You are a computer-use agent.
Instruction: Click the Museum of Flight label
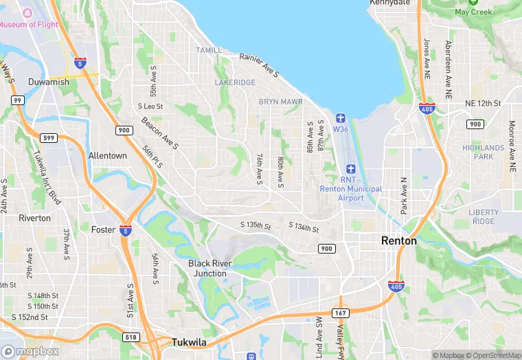click(28, 25)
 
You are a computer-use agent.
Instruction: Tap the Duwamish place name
click(49, 82)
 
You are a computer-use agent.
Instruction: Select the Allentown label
click(108, 156)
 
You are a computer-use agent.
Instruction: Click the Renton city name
click(399, 241)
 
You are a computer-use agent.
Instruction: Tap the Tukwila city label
click(190, 343)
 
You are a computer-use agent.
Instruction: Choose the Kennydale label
click(389, 3)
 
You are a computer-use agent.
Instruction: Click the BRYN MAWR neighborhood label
click(280, 102)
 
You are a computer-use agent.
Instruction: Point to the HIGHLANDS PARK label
click(483, 152)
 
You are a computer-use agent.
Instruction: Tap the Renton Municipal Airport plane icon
click(351, 169)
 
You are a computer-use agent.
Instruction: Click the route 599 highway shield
click(47, 138)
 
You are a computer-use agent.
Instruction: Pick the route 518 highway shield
click(131, 337)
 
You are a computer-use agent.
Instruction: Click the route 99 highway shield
click(19, 100)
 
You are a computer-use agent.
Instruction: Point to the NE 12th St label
click(483, 103)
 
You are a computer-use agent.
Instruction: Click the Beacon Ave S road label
click(160, 133)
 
